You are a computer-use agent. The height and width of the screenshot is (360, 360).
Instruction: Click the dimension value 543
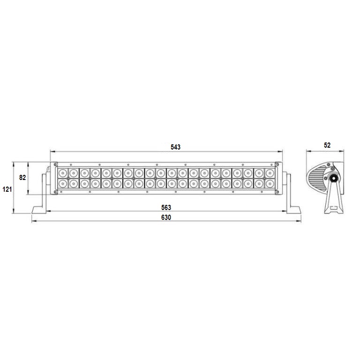(x=175, y=147)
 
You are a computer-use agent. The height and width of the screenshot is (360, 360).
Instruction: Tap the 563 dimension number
(x=166, y=208)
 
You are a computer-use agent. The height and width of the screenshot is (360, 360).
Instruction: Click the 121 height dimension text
(x=7, y=189)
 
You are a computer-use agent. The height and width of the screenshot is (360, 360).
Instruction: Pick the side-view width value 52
(x=327, y=145)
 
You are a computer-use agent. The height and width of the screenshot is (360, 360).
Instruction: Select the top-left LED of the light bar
(x=62, y=173)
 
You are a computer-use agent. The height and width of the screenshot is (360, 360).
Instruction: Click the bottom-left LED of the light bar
(x=62, y=184)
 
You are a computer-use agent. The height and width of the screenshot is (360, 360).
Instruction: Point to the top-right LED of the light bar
(x=269, y=173)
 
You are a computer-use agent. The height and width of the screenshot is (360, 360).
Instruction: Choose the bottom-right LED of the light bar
(x=269, y=184)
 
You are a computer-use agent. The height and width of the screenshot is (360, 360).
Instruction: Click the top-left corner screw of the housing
(x=56, y=165)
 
